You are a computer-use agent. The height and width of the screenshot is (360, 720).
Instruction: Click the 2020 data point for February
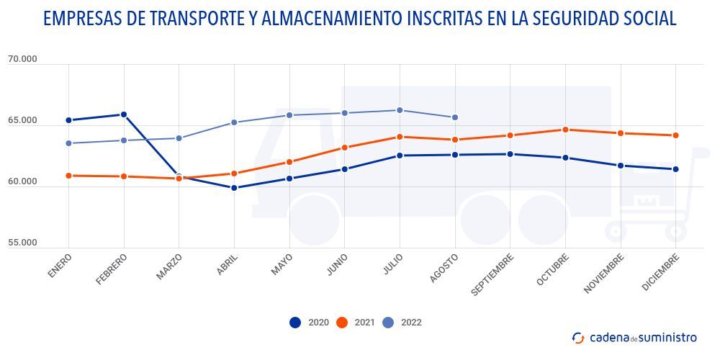tap(124, 114)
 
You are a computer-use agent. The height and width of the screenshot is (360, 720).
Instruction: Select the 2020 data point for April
tap(234, 188)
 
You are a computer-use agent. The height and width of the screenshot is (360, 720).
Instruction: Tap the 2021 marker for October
tap(565, 130)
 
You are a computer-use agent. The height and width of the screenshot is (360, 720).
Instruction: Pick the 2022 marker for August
tap(454, 117)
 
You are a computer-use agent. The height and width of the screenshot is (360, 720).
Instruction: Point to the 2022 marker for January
tap(68, 143)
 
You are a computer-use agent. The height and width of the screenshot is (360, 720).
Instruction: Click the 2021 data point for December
tap(675, 135)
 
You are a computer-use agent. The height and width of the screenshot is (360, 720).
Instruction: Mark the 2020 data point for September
tap(510, 154)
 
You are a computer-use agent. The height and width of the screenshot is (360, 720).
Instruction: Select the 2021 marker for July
tap(400, 137)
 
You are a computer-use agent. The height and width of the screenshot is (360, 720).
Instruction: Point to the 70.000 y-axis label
tap(22, 60)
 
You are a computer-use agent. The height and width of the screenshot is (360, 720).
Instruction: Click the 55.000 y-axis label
tap(22, 243)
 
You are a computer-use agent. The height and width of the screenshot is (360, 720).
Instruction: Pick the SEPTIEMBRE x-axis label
tap(493, 274)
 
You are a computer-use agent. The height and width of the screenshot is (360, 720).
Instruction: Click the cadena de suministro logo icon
tap(578, 338)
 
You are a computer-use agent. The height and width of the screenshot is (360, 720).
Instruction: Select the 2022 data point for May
tap(289, 115)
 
